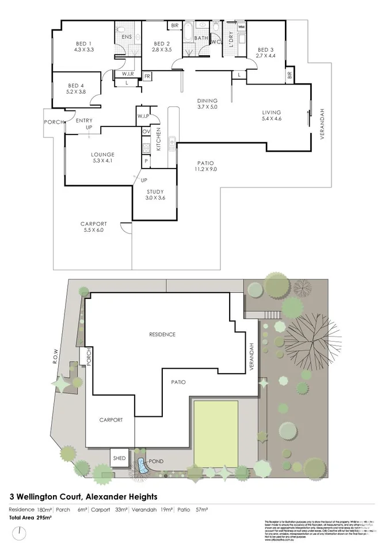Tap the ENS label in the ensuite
(x=127, y=37)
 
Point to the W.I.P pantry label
(x=143, y=117)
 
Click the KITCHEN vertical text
(x=158, y=141)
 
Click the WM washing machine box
(x=241, y=27)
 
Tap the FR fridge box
(x=147, y=76)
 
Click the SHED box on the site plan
(x=120, y=458)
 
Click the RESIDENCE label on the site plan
(x=162, y=334)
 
